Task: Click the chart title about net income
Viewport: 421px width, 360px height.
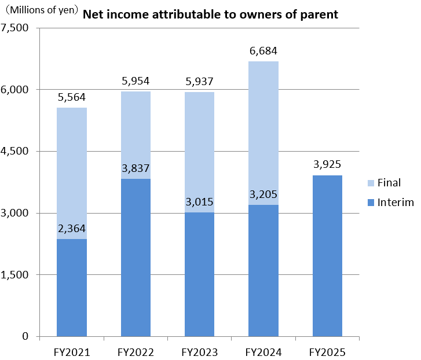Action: pyautogui.click(x=210, y=14)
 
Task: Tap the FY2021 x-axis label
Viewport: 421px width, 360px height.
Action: pyautogui.click(x=71, y=351)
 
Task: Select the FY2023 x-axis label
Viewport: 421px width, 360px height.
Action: pyautogui.click(x=200, y=351)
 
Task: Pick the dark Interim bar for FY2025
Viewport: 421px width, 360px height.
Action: pyautogui.click(x=327, y=258)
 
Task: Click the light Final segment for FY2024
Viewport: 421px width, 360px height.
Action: pyautogui.click(x=263, y=133)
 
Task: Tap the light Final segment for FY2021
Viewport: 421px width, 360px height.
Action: pyautogui.click(x=71, y=168)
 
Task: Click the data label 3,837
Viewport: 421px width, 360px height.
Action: pyautogui.click(x=136, y=169)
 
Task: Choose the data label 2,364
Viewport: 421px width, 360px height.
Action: pyautogui.click(x=72, y=229)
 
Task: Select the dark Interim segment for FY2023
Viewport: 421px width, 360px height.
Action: pyautogui.click(x=200, y=275)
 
